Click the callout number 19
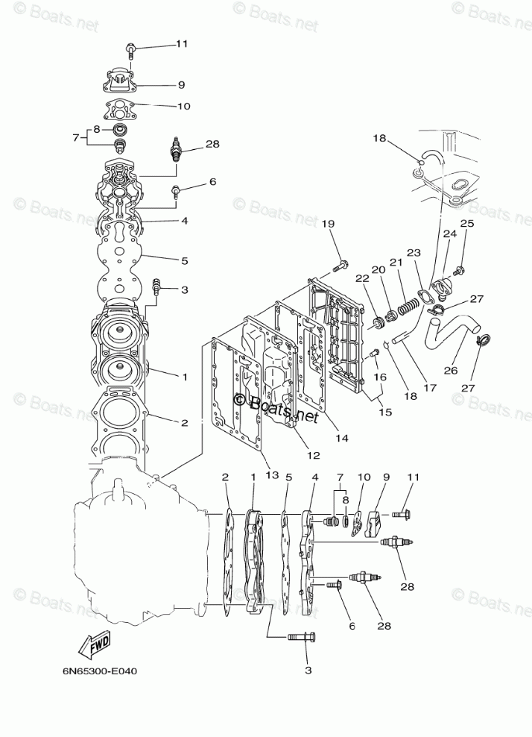[329, 224]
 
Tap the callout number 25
[466, 223]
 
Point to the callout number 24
[450, 234]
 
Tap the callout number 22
[361, 278]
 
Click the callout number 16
[380, 377]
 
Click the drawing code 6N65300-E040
[95, 670]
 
